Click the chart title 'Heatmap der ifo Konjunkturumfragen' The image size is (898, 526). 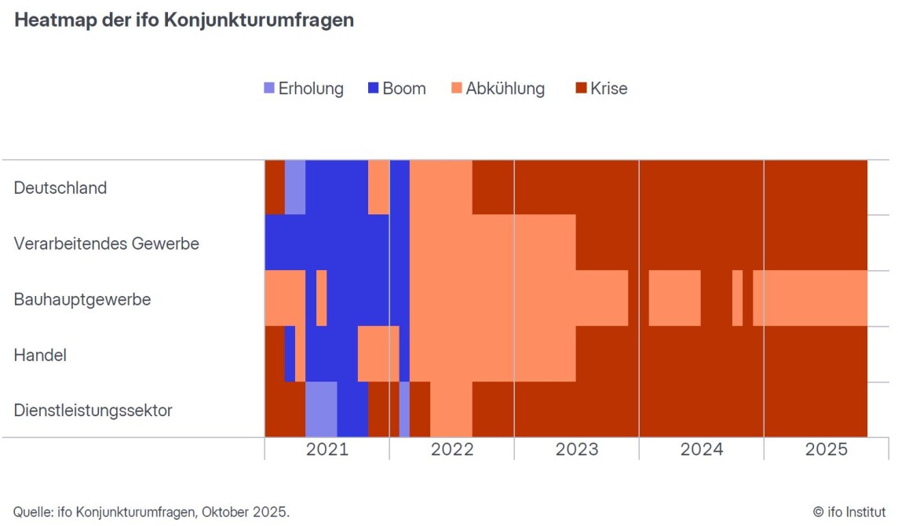[184, 20]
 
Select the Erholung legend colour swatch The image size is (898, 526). [269, 89]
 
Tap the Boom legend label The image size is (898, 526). [404, 89]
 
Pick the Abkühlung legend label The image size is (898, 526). [505, 89]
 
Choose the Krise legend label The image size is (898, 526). [609, 89]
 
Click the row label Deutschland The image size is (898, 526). [60, 188]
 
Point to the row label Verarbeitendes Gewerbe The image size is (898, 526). [107, 243]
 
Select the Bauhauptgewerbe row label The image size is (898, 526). [82, 299]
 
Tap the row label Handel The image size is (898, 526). [40, 355]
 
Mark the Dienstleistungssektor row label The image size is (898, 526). [93, 411]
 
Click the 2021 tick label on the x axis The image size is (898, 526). [327, 450]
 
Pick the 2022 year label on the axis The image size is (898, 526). [452, 450]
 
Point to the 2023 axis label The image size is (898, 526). [577, 450]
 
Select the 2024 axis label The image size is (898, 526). [702, 450]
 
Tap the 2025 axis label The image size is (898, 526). [827, 450]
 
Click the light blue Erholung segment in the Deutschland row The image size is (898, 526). [295, 187]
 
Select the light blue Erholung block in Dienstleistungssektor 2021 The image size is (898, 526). [321, 409]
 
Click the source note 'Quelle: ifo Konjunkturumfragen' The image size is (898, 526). [151, 513]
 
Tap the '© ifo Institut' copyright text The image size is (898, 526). [849, 513]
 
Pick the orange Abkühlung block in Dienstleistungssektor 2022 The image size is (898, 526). [451, 409]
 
